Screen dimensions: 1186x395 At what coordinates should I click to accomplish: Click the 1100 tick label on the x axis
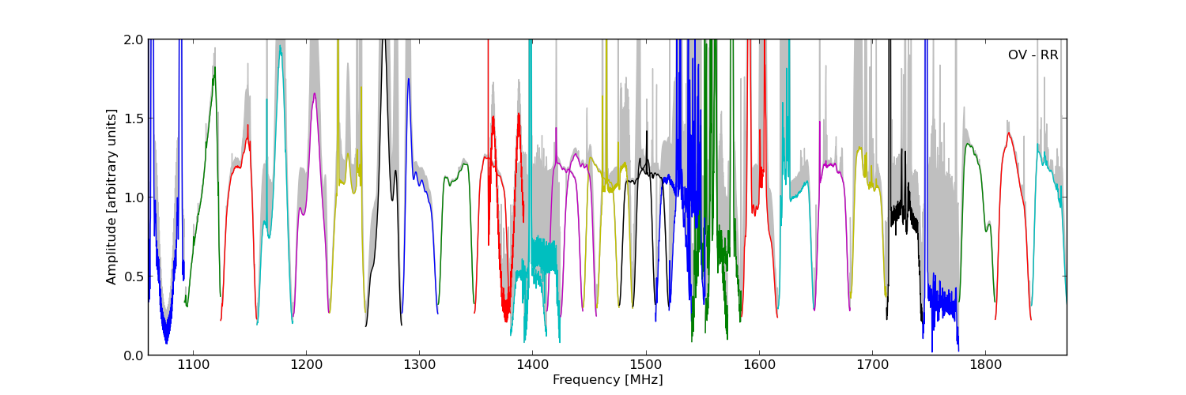tap(193, 365)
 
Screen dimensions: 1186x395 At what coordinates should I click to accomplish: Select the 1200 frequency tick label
tap(306, 365)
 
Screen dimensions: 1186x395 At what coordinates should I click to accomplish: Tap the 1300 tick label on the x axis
tap(419, 365)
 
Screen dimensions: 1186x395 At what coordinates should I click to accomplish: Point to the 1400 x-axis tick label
tap(533, 365)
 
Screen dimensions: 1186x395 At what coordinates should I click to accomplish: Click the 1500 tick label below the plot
tap(646, 365)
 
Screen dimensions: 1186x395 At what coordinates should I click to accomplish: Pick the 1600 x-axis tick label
tap(759, 365)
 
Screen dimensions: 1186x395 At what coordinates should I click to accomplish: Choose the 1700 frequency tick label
tap(873, 365)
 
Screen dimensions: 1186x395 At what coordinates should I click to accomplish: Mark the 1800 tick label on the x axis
tap(986, 365)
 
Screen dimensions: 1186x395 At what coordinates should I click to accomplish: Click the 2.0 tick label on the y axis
tap(134, 39)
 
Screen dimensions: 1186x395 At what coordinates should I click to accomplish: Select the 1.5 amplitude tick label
tap(134, 118)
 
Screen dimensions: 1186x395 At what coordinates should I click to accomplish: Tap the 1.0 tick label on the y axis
tap(134, 197)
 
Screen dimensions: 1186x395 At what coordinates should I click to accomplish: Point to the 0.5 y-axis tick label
tap(134, 276)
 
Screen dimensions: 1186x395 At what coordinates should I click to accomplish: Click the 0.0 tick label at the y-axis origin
tap(134, 355)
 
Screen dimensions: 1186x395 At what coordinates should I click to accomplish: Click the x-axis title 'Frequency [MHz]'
tap(608, 380)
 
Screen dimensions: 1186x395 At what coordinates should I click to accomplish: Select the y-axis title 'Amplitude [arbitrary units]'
tap(111, 197)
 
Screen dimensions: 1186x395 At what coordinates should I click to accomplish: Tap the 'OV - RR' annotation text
tap(1033, 55)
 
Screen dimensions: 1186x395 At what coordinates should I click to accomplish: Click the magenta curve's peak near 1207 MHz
tap(315, 93)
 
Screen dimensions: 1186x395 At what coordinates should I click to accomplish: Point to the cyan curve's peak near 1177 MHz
tap(281, 46)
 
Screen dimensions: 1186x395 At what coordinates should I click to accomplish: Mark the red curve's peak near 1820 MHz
tap(1009, 133)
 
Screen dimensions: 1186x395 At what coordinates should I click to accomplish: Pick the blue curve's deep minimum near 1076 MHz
tap(166, 343)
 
